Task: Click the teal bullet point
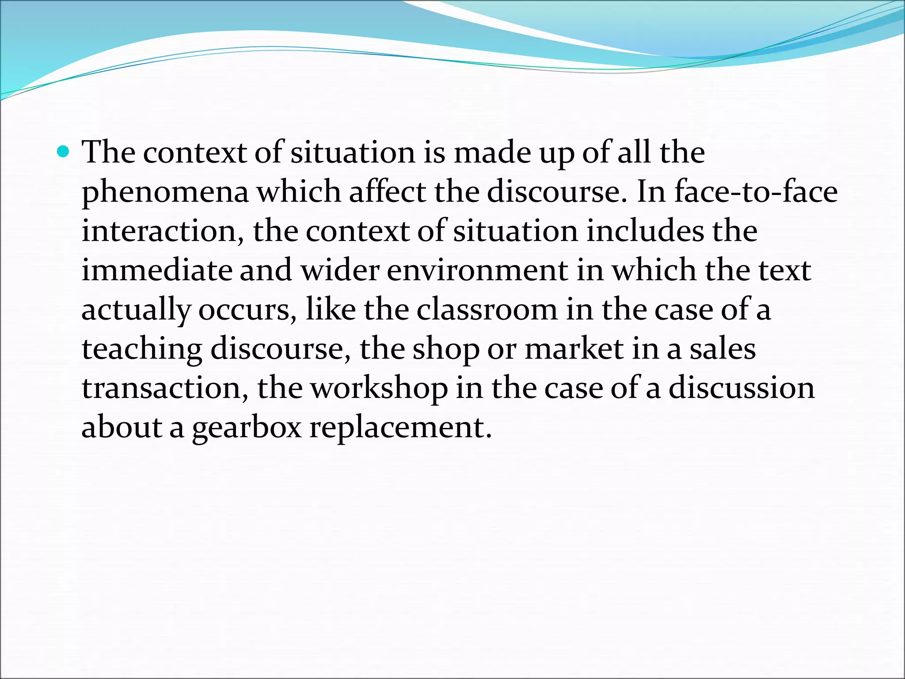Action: coord(64,153)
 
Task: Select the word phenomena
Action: coord(165,193)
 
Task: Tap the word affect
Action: coord(388,192)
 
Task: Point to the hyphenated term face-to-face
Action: coord(756,192)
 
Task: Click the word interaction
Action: coord(160,231)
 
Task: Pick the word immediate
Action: coord(157,271)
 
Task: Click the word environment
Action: coord(477,271)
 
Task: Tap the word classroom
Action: coord(487,310)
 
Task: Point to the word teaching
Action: coord(142,350)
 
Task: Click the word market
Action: coord(574,349)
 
